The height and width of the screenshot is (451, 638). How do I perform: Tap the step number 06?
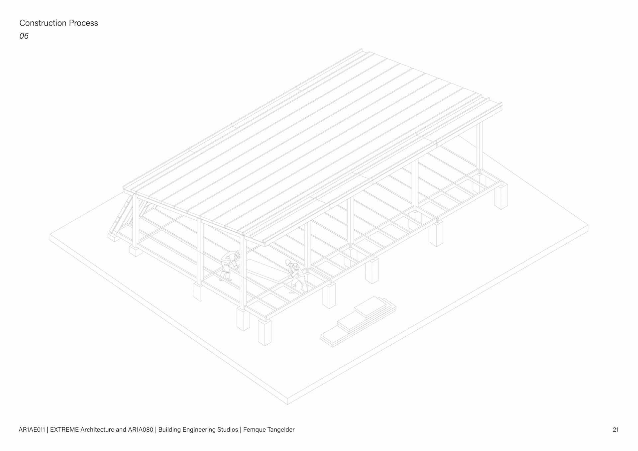tap(24, 36)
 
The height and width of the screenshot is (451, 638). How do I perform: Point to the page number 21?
tap(615, 430)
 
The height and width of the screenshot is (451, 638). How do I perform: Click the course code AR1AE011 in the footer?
tap(32, 430)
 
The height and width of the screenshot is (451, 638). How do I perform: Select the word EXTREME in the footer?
tap(64, 430)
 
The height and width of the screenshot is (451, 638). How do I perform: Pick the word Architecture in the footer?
tap(97, 430)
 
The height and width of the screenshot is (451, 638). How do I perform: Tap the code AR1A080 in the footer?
tap(141, 430)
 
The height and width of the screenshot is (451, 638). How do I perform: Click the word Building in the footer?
tap(169, 430)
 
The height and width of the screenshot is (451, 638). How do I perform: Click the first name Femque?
tap(254, 430)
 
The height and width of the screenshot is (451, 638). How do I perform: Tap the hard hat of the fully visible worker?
tap(287, 262)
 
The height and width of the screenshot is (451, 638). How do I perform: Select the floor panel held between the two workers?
tap(263, 269)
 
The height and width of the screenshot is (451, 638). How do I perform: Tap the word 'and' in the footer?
tap(121, 430)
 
